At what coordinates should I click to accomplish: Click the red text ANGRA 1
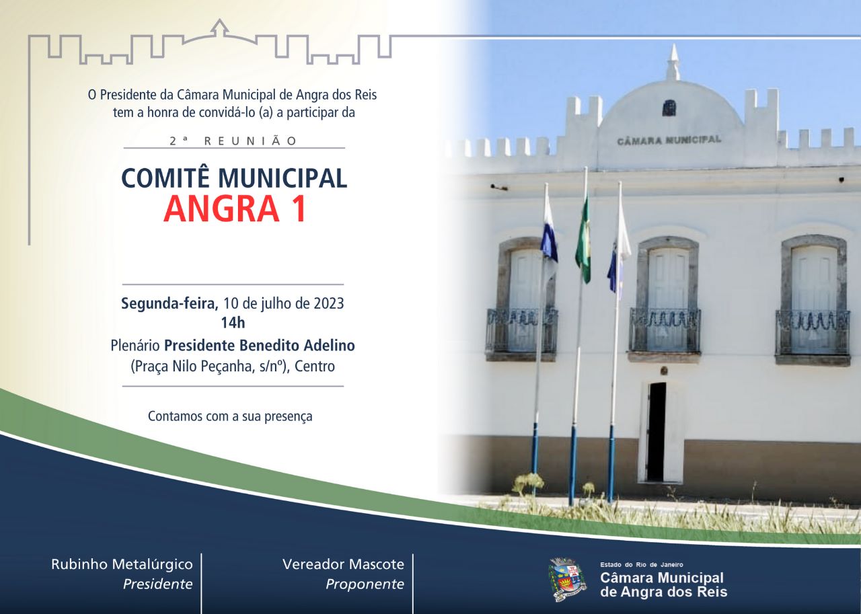point(235,208)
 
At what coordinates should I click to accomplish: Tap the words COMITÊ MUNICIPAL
point(234,178)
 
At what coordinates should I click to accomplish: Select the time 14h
point(233,323)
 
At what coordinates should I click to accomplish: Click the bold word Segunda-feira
point(170,303)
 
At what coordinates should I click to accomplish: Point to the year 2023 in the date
point(328,303)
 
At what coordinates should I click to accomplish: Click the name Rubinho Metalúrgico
point(122,564)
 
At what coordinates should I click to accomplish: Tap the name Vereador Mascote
point(343,564)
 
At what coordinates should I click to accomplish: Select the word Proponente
point(365,584)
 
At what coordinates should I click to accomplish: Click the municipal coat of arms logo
point(568,579)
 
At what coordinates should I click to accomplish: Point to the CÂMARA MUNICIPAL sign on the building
point(669,141)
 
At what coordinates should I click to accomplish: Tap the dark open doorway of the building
point(657,431)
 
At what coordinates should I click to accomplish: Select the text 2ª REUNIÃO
point(233,141)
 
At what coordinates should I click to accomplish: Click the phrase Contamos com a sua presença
point(230,416)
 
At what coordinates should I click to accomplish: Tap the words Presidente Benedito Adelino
point(260,346)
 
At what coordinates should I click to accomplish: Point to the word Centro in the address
point(314,367)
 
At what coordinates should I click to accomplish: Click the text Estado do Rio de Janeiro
point(641,565)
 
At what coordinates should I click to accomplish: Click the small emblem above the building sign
point(669,108)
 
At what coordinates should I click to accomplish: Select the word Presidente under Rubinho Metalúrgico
point(157,584)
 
